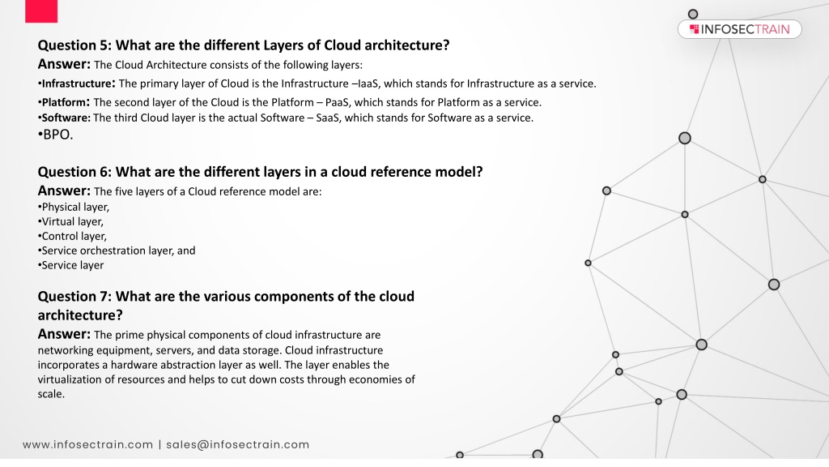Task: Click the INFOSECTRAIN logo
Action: tap(740, 29)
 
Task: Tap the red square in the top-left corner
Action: tap(41, 11)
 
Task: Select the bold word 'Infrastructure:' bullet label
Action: tap(76, 84)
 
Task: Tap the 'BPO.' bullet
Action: tap(56, 135)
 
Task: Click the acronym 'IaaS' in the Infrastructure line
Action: tap(368, 84)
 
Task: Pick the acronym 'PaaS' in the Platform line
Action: tap(337, 102)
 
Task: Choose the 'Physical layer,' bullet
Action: tap(74, 207)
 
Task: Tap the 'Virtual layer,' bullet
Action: tap(70, 222)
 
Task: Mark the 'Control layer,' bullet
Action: tap(72, 236)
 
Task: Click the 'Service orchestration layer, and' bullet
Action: tap(117, 251)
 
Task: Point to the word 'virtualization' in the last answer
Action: tap(70, 379)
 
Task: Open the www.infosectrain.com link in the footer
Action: tap(87, 445)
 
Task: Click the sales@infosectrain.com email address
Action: tap(237, 445)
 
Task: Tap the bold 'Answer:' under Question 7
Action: tap(64, 334)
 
